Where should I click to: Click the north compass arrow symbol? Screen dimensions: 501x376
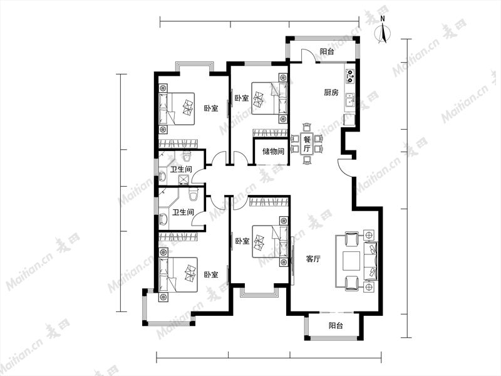tap(383, 32)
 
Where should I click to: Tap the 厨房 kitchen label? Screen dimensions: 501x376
tap(331, 93)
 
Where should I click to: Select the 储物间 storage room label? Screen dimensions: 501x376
tap(273, 151)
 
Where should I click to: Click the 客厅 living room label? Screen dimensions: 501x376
tap(313, 259)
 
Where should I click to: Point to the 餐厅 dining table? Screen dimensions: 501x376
tap(307, 144)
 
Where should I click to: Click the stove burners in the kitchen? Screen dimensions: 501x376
tap(351, 76)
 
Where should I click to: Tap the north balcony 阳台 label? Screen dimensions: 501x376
tap(327, 51)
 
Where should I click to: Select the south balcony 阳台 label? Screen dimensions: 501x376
tap(336, 326)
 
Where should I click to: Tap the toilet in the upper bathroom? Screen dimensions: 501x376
tap(187, 157)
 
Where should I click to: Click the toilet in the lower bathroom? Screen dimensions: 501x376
tap(194, 194)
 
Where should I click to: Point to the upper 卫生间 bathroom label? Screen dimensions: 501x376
tap(180, 169)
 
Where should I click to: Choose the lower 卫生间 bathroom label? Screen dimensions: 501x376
tap(183, 212)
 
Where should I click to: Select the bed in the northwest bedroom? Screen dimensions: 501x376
tap(177, 108)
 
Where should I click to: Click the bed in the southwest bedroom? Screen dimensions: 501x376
tap(178, 275)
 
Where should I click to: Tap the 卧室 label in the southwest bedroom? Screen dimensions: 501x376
tap(211, 274)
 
